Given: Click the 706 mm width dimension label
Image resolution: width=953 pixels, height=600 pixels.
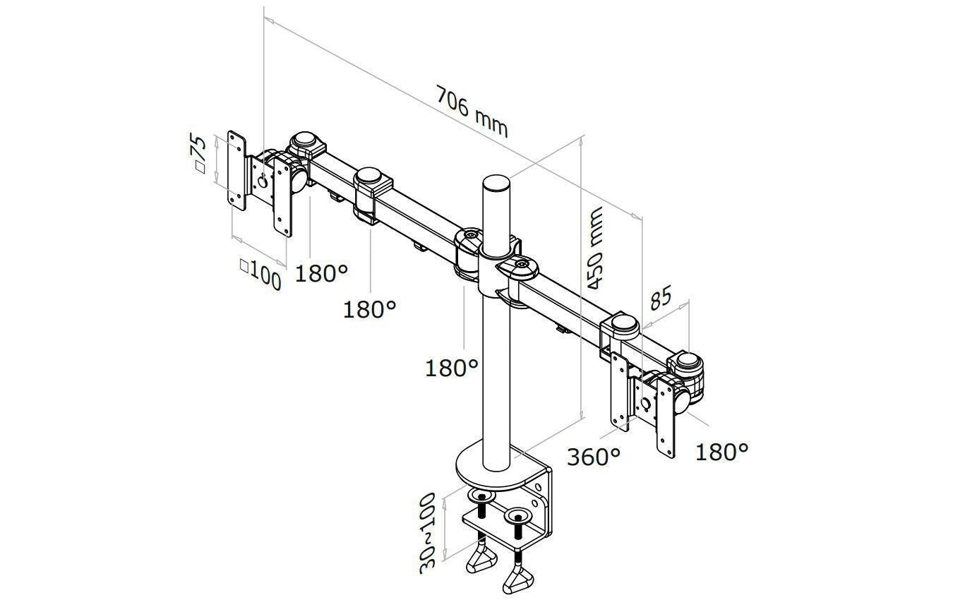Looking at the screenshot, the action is coord(472,112).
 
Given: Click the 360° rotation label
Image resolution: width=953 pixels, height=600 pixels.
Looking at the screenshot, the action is coord(594,457).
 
